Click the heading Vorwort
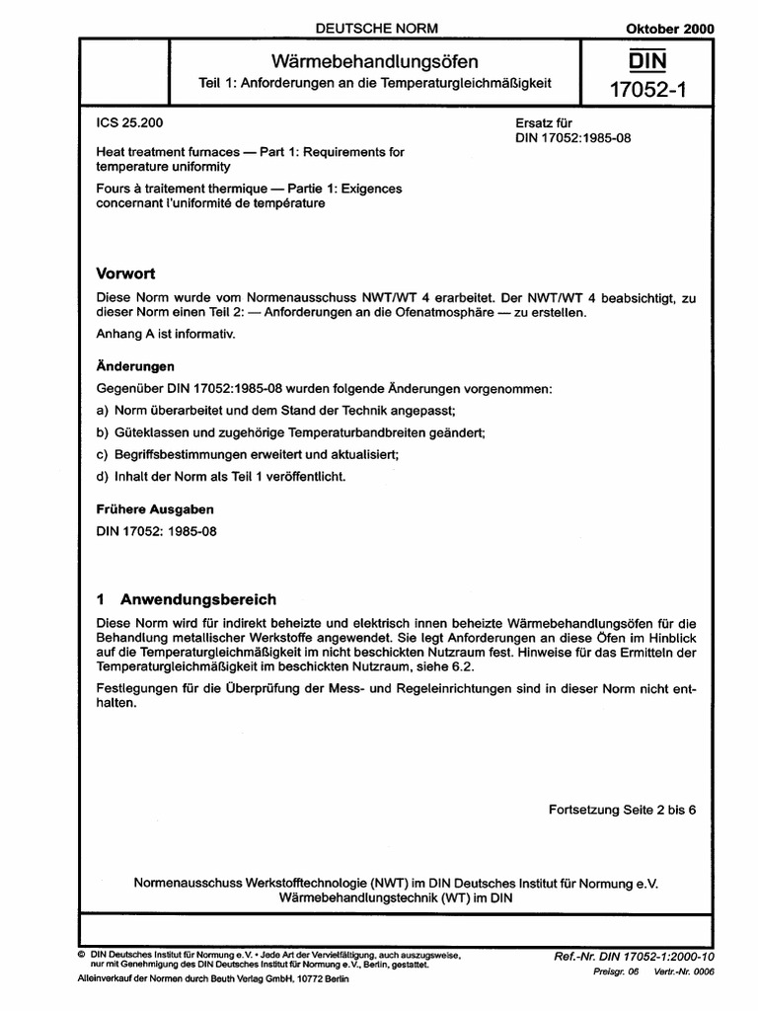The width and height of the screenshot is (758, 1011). click(x=125, y=272)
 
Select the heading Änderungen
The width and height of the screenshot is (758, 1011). click(x=134, y=365)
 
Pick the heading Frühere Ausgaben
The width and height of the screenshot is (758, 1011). click(x=154, y=510)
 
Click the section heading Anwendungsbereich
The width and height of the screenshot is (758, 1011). click(x=198, y=599)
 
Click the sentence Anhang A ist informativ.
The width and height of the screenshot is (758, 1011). click(x=166, y=335)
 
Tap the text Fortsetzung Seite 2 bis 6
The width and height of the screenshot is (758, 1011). click(x=622, y=809)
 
